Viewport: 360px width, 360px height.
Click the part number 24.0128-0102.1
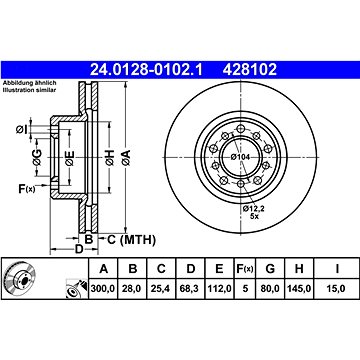pyautogui.click(x=146, y=70)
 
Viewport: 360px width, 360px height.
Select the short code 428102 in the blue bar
pyautogui.click(x=250, y=70)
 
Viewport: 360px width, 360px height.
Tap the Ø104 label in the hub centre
pyautogui.click(x=241, y=157)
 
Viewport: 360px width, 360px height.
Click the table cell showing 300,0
pyautogui.click(x=103, y=288)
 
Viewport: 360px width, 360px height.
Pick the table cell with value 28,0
pyautogui.click(x=133, y=288)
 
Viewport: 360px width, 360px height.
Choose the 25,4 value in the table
pyautogui.click(x=161, y=288)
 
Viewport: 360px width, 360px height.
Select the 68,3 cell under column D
pyautogui.click(x=190, y=288)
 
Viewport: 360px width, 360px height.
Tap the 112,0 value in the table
pyautogui.click(x=219, y=288)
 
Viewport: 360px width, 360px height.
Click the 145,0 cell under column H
pyautogui.click(x=299, y=288)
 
